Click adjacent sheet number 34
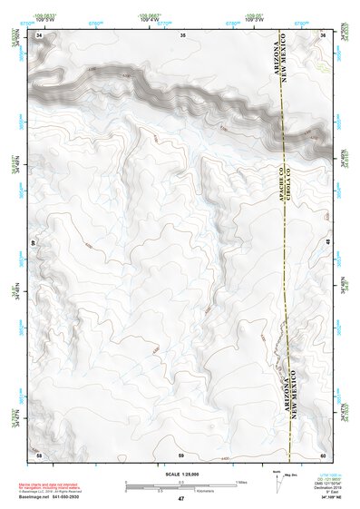(38, 34)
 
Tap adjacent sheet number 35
(182, 34)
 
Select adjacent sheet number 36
(325, 34)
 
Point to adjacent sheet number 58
(38, 454)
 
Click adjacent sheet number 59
(180, 454)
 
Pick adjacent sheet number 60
(325, 454)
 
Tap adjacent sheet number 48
(326, 242)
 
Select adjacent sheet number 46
(35, 243)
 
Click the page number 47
(180, 499)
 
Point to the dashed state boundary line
(284, 272)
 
